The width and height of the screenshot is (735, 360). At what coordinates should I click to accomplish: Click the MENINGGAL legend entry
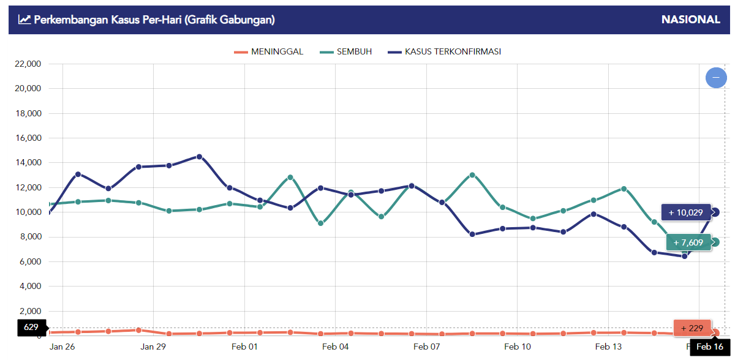268,52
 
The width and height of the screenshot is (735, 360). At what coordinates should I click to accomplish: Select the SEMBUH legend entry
345,52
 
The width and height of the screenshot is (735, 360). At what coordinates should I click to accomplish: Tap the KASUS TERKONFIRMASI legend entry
444,52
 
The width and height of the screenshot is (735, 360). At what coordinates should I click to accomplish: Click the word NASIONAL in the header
691,20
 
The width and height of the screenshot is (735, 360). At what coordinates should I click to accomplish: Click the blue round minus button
716,78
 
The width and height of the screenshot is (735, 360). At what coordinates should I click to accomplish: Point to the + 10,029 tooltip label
686,212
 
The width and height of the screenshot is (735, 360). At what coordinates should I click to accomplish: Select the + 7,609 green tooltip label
688,242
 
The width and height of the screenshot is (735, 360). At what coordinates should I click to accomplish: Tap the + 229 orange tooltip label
692,328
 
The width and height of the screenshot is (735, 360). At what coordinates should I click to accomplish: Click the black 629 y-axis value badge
31,327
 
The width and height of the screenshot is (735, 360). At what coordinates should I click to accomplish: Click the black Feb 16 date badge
710,347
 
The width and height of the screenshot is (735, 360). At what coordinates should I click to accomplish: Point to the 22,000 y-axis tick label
28,64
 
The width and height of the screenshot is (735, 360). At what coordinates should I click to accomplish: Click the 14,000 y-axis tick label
28,163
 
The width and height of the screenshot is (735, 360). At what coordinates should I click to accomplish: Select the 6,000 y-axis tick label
30,261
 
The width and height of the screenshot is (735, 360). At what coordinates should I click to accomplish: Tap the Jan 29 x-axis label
153,347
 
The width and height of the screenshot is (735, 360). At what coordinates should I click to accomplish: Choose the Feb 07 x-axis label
426,347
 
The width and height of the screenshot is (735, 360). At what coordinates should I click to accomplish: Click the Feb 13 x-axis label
608,347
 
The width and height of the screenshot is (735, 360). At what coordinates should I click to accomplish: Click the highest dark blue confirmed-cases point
199,157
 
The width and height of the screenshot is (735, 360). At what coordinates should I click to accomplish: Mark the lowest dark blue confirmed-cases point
685,256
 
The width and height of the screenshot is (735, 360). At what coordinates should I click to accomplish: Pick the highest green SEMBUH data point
472,175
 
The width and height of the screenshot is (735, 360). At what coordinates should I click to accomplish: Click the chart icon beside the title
24,20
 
